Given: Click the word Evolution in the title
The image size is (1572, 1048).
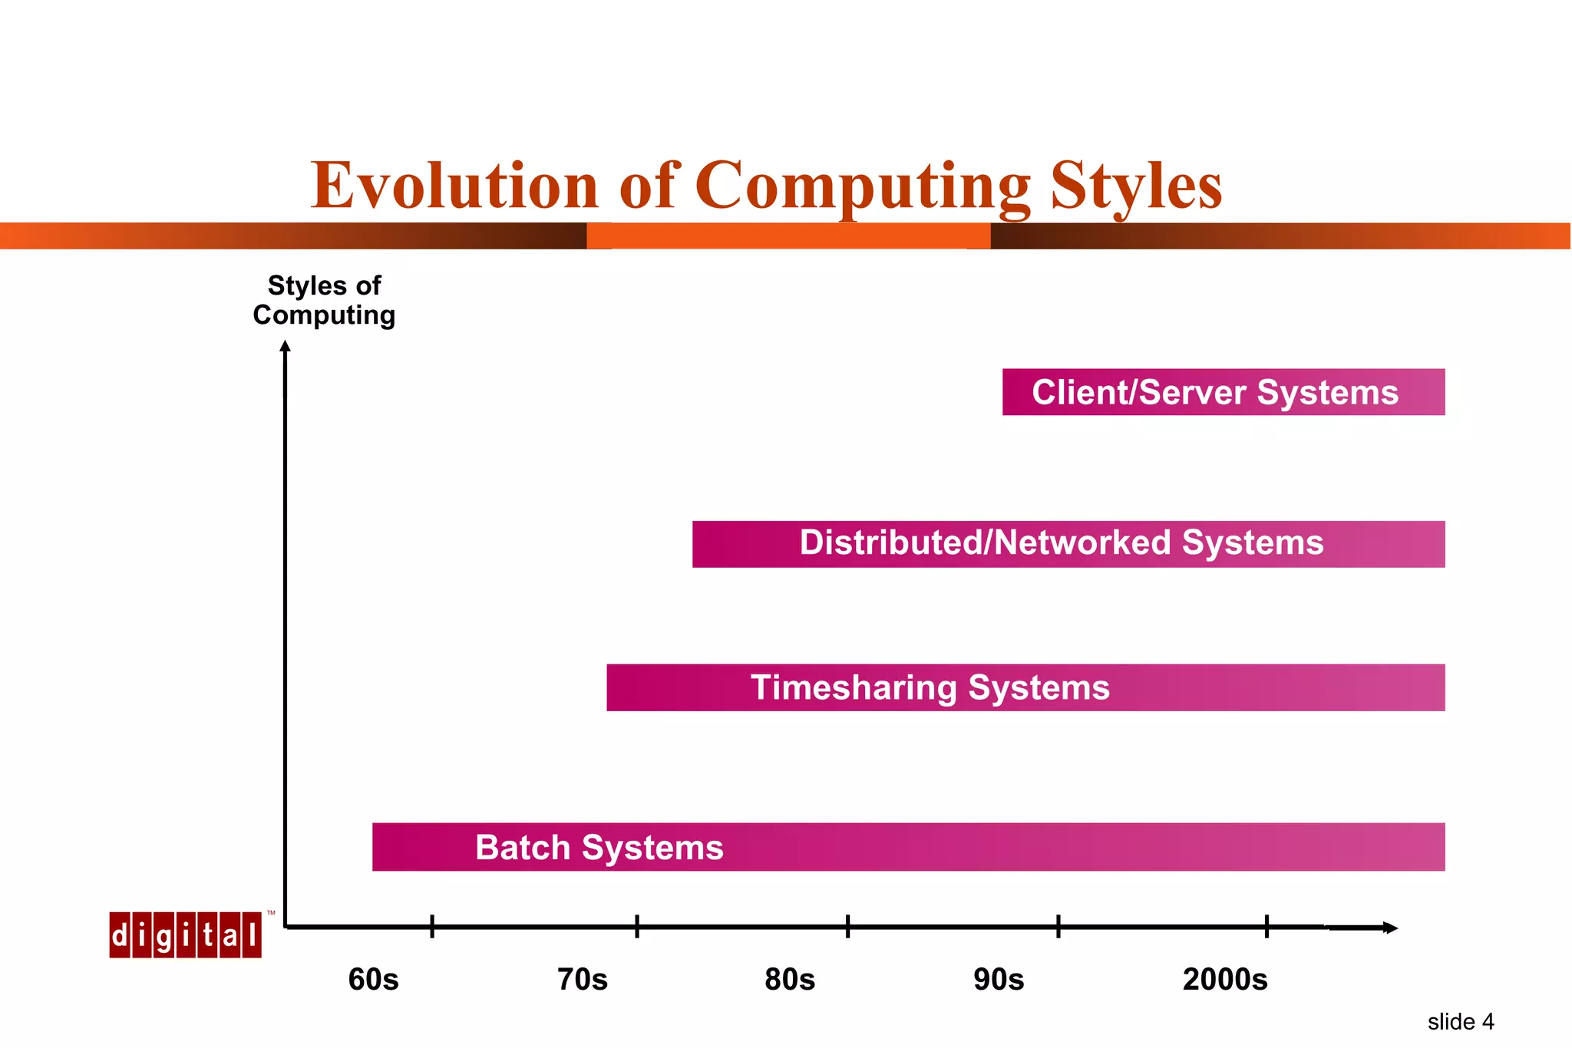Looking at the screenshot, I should (454, 186).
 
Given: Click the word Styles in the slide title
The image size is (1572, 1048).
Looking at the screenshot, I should (1136, 186).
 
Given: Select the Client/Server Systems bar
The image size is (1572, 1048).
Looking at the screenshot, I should (1223, 392).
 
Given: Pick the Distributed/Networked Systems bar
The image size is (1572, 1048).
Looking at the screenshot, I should (1068, 544).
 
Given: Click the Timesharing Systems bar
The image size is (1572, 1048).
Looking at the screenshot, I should (1025, 687).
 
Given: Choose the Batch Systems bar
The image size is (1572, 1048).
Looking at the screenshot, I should (908, 847).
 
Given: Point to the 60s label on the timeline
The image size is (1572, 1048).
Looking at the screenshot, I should (373, 980).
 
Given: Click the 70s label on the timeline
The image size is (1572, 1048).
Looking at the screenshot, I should (582, 980).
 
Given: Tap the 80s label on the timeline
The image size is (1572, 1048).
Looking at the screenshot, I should (790, 980).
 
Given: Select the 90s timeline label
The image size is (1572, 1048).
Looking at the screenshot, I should (999, 980).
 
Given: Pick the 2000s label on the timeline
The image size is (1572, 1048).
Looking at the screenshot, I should (1225, 980).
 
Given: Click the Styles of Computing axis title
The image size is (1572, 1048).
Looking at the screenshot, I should (324, 300).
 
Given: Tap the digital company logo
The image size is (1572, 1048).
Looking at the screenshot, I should (185, 934).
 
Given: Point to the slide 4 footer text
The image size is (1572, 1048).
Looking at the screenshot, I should (1460, 1022).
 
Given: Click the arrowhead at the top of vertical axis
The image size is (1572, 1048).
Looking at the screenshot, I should (286, 347).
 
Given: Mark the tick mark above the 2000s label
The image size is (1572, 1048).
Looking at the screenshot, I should (1267, 926).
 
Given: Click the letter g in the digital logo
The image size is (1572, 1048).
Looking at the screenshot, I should (163, 935).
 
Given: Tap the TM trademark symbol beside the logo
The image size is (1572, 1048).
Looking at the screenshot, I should (271, 913).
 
